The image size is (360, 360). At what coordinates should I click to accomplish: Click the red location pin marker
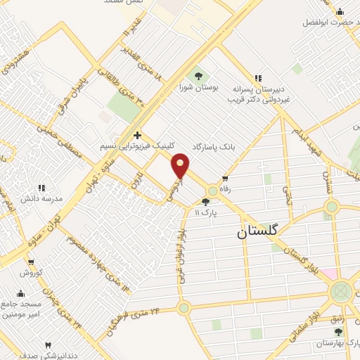coord(181,166)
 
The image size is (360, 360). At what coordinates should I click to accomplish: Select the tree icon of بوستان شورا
coord(197,75)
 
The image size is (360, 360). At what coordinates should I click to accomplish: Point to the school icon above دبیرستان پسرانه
coord(259,77)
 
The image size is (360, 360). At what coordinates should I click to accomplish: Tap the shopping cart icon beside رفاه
coord(225,178)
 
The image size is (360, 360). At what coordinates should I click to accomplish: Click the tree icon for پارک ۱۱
coord(205,201)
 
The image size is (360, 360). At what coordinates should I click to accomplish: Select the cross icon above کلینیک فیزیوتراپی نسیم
coord(137,134)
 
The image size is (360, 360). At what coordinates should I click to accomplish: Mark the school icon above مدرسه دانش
coord(41,188)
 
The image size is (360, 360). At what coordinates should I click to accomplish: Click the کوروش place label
coord(31,272)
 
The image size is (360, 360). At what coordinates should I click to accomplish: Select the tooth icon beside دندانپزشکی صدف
coord(49,345)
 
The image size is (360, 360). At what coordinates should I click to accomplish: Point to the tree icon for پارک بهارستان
coord(338,332)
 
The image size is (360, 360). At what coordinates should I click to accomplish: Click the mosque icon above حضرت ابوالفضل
coord(340,11)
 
